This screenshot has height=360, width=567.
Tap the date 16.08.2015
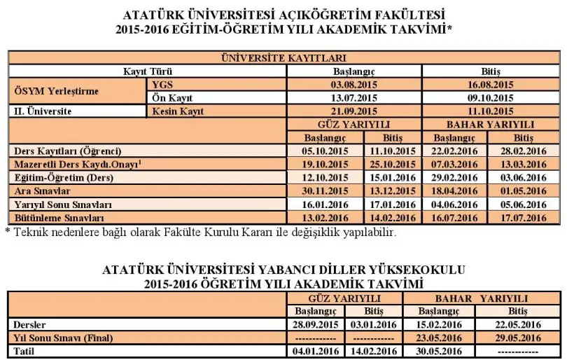(x=489, y=85)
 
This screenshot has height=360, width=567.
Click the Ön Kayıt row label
(x=172, y=98)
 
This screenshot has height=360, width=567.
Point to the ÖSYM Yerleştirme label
(x=57, y=92)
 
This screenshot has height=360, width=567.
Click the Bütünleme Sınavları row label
(x=53, y=218)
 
